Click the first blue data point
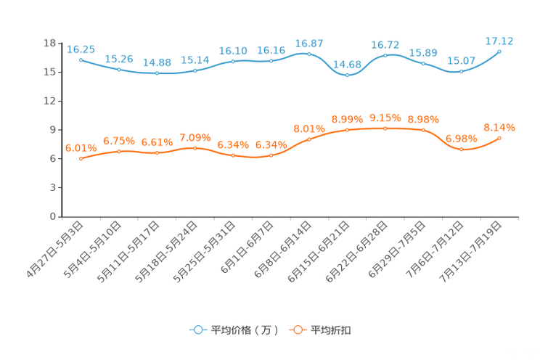(x=81, y=60)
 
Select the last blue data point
(x=500, y=52)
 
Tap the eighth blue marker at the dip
(x=348, y=74)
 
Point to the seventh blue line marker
(x=309, y=54)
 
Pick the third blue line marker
(x=157, y=73)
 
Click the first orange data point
(x=81, y=158)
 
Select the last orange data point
(x=500, y=137)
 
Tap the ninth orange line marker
(x=385, y=128)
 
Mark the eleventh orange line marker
(x=462, y=150)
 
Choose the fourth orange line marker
(x=195, y=148)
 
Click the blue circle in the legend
(x=197, y=330)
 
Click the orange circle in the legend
(x=298, y=330)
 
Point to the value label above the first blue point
(x=81, y=49)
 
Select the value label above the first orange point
(x=81, y=147)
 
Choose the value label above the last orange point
(x=499, y=127)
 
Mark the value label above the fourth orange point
(x=195, y=137)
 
